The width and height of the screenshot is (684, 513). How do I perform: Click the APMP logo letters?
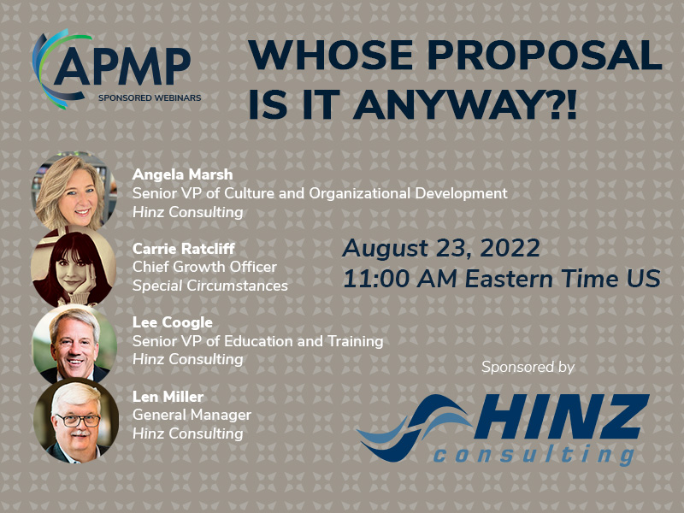coord(123,67)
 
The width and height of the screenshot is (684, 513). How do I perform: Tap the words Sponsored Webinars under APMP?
coord(150,97)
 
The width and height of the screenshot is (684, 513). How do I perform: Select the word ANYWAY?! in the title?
coord(465,104)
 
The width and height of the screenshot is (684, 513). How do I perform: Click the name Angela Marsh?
coord(182,174)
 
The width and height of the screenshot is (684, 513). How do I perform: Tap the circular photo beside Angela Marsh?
coord(74,190)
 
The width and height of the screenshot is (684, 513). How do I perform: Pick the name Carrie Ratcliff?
coord(184,248)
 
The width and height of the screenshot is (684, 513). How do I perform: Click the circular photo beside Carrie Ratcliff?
coord(74,267)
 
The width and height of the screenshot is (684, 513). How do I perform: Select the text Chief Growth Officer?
coord(204,267)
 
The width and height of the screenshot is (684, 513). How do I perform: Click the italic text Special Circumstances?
coord(210,286)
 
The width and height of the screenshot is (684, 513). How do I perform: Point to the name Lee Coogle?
coord(173,322)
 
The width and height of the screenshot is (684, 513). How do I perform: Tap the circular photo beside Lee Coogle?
coord(74,344)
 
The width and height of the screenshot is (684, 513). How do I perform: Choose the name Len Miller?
coord(168,396)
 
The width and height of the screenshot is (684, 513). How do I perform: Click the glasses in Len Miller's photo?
coord(78,421)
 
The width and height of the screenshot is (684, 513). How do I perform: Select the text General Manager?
coord(192,415)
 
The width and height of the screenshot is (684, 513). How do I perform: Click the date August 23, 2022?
coord(441,248)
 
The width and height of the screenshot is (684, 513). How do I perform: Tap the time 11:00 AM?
coord(400,279)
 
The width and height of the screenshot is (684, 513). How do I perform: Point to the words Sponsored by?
coord(528,367)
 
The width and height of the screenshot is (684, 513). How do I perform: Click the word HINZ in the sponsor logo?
coord(562,416)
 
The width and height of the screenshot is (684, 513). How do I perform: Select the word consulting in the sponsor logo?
coord(534,454)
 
